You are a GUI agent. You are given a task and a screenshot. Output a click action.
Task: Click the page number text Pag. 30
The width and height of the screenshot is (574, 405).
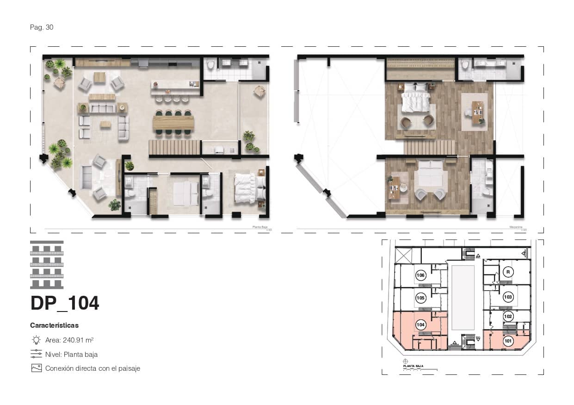42,27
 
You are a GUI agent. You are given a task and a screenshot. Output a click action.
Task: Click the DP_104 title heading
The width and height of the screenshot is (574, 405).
65,303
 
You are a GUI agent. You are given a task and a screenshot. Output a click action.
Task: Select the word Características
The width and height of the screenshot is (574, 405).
54,325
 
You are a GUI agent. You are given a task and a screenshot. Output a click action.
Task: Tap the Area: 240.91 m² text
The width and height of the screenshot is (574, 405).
69,340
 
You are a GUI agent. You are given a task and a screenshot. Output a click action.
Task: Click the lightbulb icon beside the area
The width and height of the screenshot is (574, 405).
36,340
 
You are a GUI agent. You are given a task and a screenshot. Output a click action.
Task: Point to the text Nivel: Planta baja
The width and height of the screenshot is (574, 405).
71,355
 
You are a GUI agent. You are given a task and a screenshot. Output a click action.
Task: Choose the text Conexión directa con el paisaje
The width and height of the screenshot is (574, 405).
93,368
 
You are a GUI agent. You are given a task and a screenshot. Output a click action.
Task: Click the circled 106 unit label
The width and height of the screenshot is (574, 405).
420,275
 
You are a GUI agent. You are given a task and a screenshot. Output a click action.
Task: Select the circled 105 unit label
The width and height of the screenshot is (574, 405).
420,298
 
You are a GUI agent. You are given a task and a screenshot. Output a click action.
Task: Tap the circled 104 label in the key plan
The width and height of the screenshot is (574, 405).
420,325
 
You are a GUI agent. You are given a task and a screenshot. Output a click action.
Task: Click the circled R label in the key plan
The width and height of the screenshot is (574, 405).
508,272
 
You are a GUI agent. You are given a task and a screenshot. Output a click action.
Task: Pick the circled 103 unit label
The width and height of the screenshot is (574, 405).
508,297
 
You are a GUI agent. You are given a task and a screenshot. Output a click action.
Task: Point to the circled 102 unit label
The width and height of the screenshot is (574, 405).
508,317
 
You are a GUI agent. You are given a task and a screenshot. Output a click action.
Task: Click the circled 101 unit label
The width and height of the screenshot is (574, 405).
508,342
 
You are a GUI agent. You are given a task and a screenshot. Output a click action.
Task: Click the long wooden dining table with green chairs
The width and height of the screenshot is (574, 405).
173,123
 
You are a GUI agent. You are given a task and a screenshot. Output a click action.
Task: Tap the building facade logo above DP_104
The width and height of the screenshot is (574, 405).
47,265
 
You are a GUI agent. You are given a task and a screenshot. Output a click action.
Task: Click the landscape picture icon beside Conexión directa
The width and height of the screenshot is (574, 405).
36,368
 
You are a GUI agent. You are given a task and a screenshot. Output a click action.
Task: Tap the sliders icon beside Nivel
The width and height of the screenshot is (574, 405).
36,354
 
